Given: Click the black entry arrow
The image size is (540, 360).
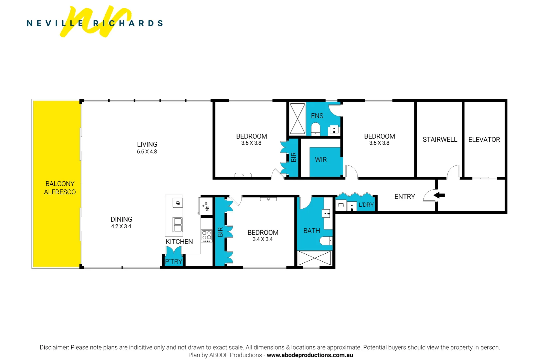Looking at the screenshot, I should pyautogui.click(x=439, y=195).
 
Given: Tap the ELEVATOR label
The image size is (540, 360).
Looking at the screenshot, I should pyautogui.click(x=484, y=140).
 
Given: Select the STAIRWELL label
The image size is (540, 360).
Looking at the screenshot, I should pyautogui.click(x=440, y=140).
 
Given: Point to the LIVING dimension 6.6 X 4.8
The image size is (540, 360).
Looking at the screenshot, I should pyautogui.click(x=147, y=152).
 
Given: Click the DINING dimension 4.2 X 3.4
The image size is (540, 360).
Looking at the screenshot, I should pyautogui.click(x=121, y=226).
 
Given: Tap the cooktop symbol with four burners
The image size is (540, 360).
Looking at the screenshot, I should pyautogui.click(x=207, y=235).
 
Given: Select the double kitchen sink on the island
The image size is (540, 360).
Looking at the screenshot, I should pyautogui.click(x=178, y=224).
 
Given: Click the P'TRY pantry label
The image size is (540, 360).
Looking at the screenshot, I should pyautogui.click(x=174, y=262).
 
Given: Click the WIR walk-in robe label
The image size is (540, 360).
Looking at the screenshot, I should pyautogui.click(x=321, y=160).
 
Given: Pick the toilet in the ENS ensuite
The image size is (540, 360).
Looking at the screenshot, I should pyautogui.click(x=315, y=129).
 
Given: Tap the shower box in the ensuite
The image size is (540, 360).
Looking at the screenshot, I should pyautogui.click(x=297, y=119).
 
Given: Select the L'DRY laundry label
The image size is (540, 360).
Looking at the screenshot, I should pyautogui.click(x=366, y=205).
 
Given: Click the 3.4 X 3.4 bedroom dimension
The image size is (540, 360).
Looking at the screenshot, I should pyautogui.click(x=263, y=239).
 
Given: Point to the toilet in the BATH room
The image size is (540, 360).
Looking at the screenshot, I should pyautogui.click(x=326, y=240).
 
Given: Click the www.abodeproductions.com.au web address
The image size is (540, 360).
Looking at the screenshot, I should pyautogui.click(x=310, y=355).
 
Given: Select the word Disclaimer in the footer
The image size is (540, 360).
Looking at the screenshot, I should pyautogui.click(x=54, y=347).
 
